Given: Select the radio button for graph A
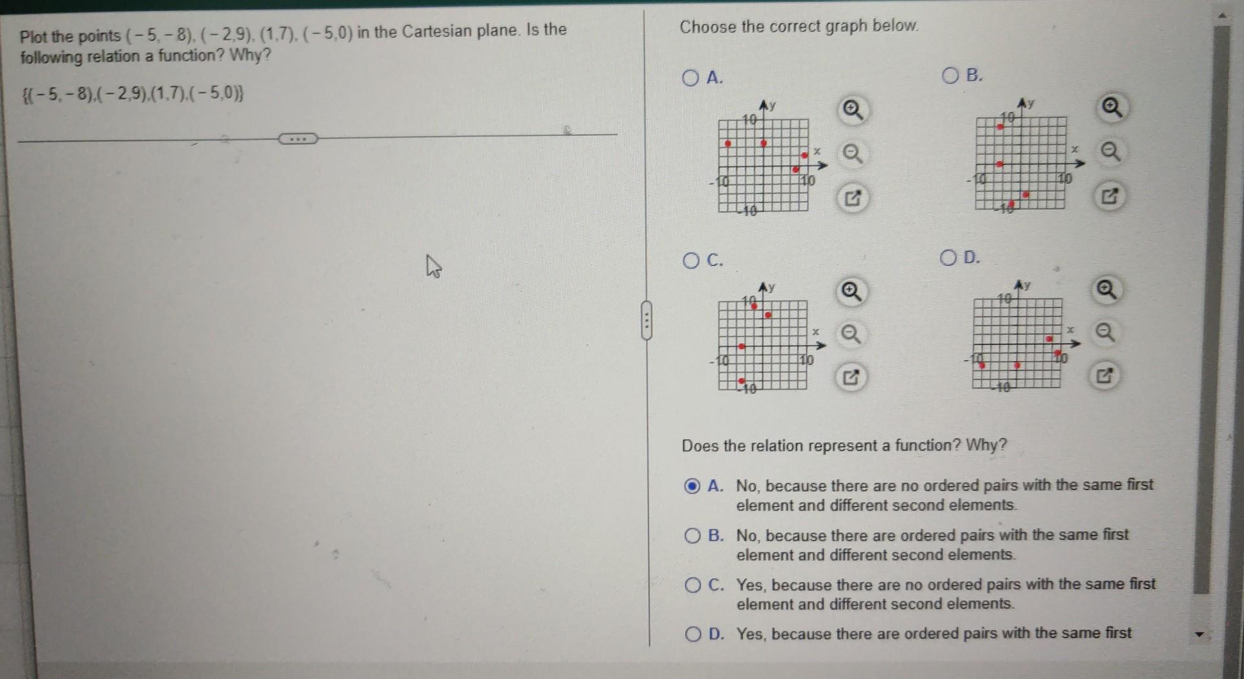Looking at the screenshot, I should point(691,78).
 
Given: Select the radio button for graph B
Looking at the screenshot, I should point(950,76).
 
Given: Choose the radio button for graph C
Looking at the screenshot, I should point(691,261).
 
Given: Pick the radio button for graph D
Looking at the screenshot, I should point(948,258).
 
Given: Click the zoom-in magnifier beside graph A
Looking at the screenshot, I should point(852,110).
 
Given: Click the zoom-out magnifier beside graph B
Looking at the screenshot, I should point(1111,151).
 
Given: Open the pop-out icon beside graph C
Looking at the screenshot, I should point(851,377).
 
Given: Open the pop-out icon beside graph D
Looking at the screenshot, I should point(1105,375).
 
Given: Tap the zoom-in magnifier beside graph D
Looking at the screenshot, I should point(1106,289).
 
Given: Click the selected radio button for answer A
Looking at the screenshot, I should point(692,485).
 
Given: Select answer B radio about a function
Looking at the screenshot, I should point(693,535).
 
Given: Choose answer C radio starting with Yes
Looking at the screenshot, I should point(693,585).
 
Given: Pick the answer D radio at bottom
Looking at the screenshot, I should point(693,634).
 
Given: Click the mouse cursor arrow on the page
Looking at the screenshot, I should point(433,266).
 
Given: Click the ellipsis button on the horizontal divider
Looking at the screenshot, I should point(297,139).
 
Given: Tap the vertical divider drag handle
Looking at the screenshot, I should point(646,320).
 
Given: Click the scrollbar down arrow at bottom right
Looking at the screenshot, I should point(1200,634).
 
